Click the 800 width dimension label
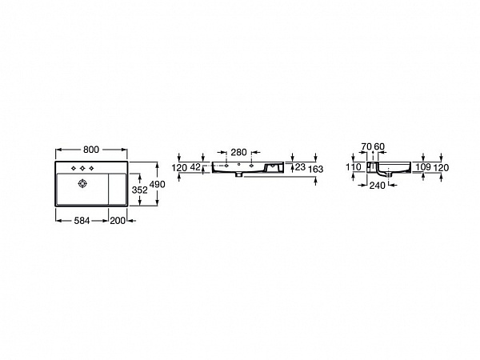91,150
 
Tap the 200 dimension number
118,219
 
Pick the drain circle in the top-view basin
81,183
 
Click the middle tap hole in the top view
83,170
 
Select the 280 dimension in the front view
239,153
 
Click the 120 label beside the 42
180,167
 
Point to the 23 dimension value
300,167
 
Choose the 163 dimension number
316,170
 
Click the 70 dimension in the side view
366,146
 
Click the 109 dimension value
423,167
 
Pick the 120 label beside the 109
439,167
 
